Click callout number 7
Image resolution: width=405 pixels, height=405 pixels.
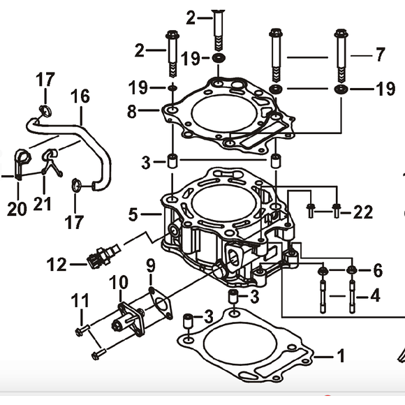tap(380, 54)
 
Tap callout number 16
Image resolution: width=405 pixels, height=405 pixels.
tap(80, 96)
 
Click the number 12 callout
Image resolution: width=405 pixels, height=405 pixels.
tap(57, 265)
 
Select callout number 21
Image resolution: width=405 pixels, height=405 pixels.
tap(43, 204)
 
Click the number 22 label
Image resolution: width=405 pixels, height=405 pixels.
tap(362, 212)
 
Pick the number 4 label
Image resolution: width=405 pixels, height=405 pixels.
tap(375, 295)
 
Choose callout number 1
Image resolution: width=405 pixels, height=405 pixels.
tap(340, 357)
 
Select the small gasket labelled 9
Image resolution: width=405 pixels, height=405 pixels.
tap(161, 305)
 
